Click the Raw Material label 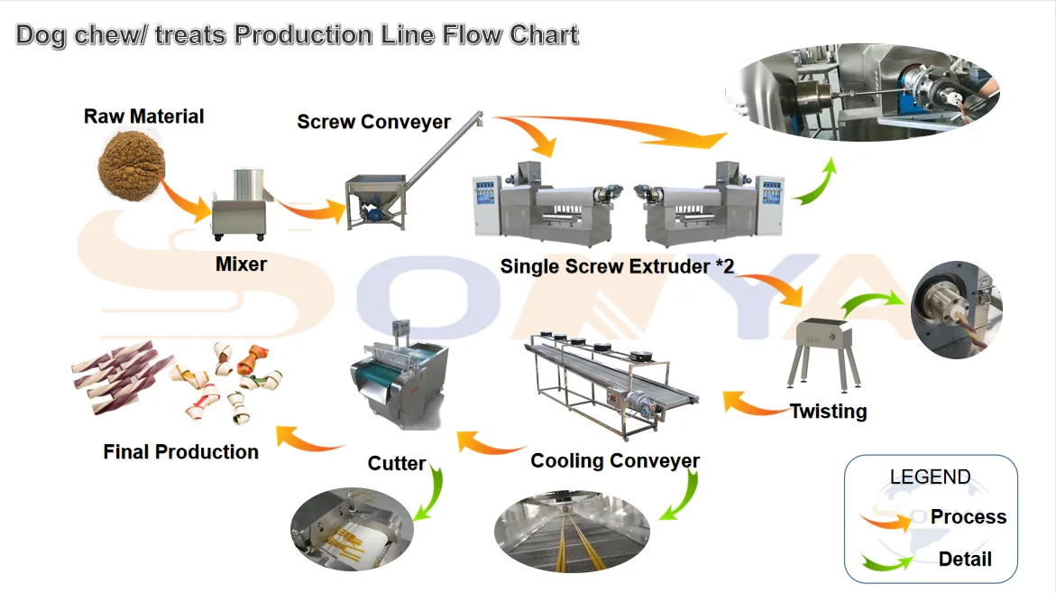(144, 116)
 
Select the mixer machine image (239, 205)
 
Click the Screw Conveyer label (374, 121)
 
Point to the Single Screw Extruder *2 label (618, 266)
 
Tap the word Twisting (828, 412)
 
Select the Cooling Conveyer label (615, 460)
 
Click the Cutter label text (396, 463)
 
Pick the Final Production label (181, 451)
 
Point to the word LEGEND (930, 477)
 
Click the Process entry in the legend (968, 517)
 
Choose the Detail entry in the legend (965, 560)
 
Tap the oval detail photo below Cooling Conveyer (572, 533)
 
